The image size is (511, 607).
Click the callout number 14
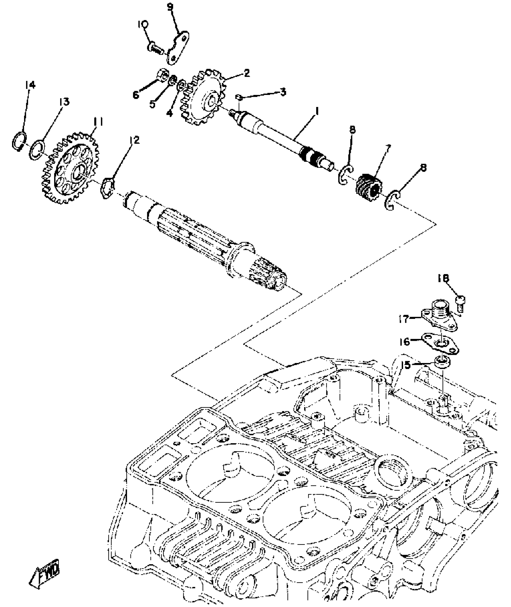(30, 85)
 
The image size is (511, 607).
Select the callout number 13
(64, 102)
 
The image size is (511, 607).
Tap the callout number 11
(98, 122)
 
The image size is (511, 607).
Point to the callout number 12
(135, 140)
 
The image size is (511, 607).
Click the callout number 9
(171, 7)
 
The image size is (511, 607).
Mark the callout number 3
(283, 92)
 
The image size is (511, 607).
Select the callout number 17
(405, 319)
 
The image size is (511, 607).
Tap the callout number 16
(405, 341)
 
